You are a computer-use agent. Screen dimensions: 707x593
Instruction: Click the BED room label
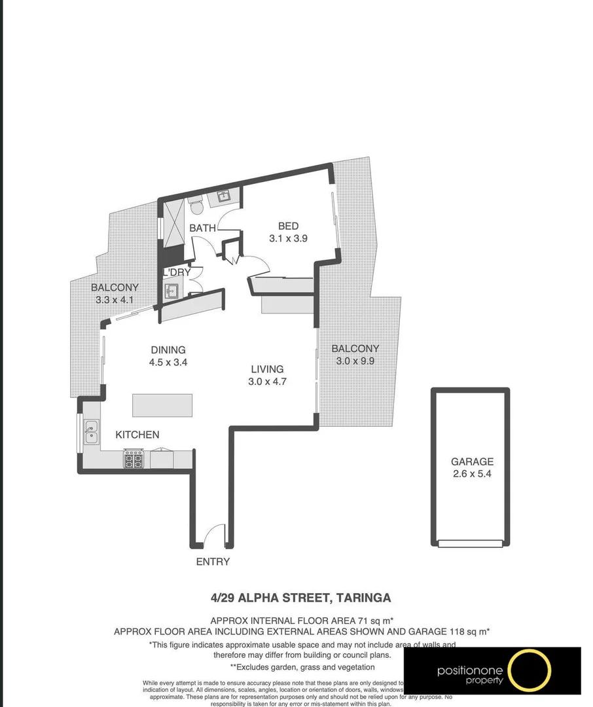tap(288, 227)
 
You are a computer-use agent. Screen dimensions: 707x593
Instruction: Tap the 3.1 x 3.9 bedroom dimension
tap(288, 239)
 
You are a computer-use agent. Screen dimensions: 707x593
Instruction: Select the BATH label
tap(202, 228)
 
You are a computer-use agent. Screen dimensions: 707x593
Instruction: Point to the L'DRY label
tap(177, 272)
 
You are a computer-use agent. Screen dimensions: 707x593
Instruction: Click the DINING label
tap(168, 350)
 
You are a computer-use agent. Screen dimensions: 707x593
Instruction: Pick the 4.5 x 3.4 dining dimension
tap(168, 362)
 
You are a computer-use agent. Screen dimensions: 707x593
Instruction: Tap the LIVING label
tap(267, 369)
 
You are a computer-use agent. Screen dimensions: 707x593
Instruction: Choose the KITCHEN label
tap(137, 435)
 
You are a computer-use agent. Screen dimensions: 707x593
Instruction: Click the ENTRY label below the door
tap(213, 562)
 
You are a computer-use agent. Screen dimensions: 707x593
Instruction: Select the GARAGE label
tap(472, 462)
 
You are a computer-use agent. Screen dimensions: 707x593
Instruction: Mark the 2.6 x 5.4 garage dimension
tap(472, 474)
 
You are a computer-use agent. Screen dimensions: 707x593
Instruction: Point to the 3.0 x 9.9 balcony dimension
tap(355, 361)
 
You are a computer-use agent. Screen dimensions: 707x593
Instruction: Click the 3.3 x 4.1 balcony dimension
tap(115, 300)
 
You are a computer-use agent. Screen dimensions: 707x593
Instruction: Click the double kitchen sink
tap(90, 431)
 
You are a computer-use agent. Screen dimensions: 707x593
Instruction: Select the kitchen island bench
tap(162, 405)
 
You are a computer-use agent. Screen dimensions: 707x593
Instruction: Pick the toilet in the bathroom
tap(197, 206)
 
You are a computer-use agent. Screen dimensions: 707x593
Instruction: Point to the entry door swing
tap(214, 535)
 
